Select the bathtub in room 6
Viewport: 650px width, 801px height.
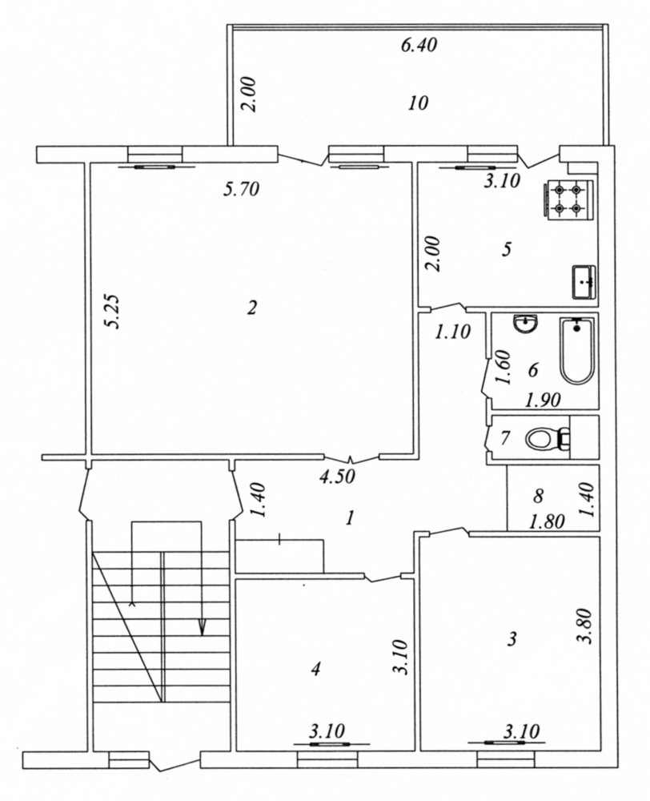click(577, 351)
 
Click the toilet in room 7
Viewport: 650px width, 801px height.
click(548, 439)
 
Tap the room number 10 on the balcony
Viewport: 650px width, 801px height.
click(418, 103)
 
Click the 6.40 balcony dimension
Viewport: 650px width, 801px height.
click(419, 46)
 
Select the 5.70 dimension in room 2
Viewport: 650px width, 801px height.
click(242, 190)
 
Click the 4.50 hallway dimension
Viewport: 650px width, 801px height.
click(336, 477)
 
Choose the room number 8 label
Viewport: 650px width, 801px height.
click(538, 495)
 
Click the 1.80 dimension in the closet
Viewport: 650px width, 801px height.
click(547, 521)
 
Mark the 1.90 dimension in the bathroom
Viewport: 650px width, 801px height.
click(543, 400)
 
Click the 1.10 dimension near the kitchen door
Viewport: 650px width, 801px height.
click(452, 332)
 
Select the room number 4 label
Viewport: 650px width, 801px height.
click(316, 668)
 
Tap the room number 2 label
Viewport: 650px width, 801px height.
click(251, 308)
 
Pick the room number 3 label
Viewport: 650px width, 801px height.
click(512, 638)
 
